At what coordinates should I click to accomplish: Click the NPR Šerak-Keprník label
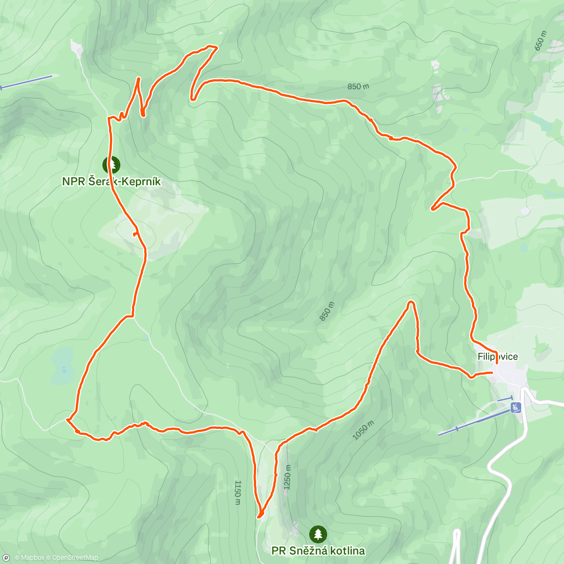coord(111,181)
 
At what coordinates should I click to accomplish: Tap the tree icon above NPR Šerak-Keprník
coord(111,165)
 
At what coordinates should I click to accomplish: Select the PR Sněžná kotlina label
coord(318,550)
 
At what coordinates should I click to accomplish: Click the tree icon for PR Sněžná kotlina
coord(318,534)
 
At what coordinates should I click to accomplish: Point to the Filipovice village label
coord(498,357)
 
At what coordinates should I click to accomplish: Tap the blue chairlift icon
coord(517,407)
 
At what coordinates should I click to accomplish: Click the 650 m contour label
coord(541,41)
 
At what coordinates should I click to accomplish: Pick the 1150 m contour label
coord(238,493)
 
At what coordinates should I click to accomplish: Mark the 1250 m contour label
coord(288,477)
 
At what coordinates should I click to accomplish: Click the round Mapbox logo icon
coord(6,558)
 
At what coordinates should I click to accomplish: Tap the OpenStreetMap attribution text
coord(75,558)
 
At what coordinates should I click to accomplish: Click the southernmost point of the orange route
coord(259,517)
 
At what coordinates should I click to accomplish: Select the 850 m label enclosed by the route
coord(327,311)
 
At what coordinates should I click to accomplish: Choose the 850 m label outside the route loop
coord(358,86)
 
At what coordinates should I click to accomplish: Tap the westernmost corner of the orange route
coord(67,419)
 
